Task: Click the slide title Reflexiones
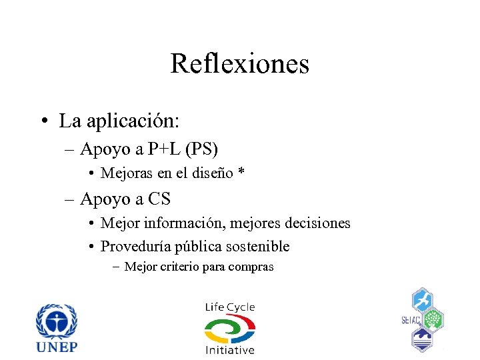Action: [239, 64]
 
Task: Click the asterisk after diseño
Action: [241, 173]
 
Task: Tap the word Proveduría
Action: [135, 247]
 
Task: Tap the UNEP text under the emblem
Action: [57, 347]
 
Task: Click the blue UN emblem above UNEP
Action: [57, 321]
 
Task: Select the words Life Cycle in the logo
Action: [229, 307]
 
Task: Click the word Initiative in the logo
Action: [229, 349]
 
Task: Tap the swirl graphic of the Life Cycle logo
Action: [229, 328]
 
